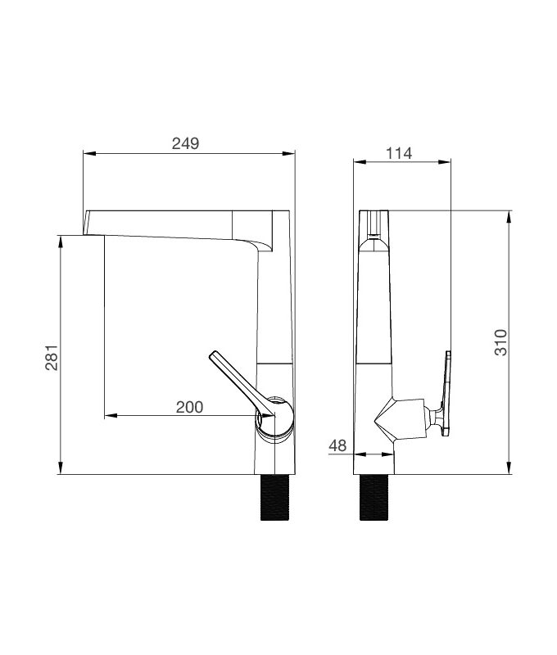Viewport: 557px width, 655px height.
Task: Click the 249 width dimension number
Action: tap(185, 143)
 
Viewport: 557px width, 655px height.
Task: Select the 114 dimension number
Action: tap(398, 152)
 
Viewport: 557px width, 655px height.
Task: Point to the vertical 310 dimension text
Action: tap(500, 341)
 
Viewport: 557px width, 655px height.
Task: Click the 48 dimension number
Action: tap(337, 445)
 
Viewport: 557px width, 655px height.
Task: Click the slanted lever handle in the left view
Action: tap(235, 380)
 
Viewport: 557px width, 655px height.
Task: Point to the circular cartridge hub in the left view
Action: tap(275, 417)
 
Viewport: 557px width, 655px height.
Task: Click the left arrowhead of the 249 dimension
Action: tap(89, 153)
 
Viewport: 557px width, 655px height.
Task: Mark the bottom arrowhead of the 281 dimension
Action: tap(61, 469)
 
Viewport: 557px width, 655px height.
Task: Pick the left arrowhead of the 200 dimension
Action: tap(109, 416)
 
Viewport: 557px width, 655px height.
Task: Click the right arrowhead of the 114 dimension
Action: tap(446, 161)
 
